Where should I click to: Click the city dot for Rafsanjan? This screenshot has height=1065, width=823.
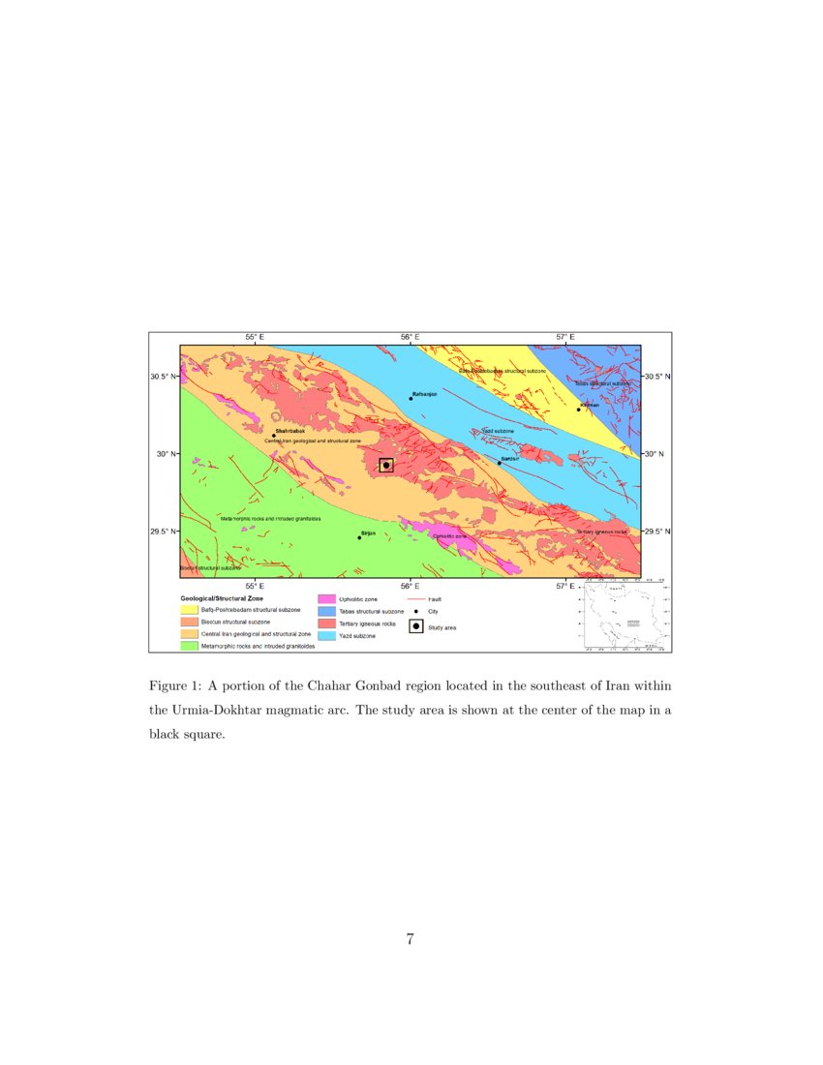[411, 399]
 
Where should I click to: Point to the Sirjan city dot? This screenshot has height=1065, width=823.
[359, 537]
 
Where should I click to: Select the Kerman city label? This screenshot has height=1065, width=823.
[590, 405]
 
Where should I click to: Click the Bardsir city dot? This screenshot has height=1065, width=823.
[500, 463]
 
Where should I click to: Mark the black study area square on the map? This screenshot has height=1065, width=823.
[386, 465]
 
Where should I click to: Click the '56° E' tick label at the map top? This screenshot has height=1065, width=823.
[411, 336]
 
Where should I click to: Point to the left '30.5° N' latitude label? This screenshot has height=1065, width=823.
[163, 376]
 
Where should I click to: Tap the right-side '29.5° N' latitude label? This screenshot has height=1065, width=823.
[657, 532]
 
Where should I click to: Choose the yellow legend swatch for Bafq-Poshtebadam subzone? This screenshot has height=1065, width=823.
[188, 610]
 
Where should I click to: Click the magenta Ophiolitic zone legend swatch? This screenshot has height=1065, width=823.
[326, 600]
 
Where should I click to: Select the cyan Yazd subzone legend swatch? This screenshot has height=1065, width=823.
[326, 635]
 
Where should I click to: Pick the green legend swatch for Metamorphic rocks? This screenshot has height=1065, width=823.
[188, 645]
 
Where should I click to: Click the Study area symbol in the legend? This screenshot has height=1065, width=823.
[415, 626]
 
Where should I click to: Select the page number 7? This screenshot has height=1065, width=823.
[411, 938]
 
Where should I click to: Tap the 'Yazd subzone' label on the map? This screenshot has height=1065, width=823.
[498, 431]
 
